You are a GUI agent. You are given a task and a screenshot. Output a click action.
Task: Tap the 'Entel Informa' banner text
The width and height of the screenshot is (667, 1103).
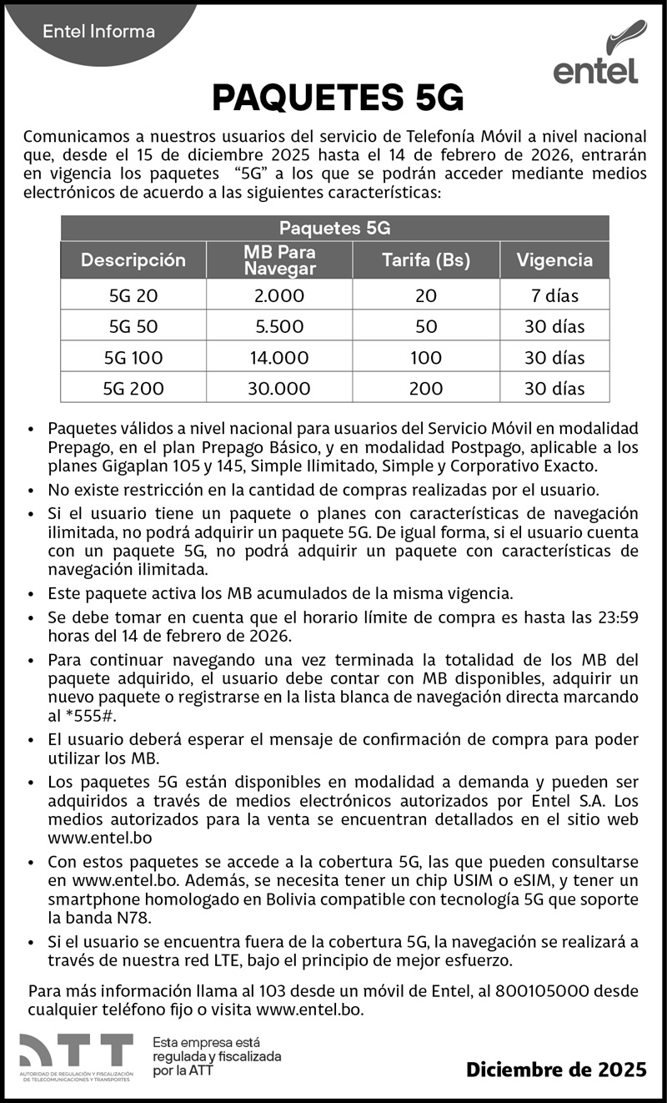click(x=98, y=32)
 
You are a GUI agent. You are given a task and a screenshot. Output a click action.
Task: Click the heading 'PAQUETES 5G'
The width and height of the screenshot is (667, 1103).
click(x=337, y=98)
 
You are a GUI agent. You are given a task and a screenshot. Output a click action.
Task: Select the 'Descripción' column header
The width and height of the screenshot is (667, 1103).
click(x=133, y=259)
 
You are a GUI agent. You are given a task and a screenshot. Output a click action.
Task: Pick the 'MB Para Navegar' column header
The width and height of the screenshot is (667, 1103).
click(x=279, y=259)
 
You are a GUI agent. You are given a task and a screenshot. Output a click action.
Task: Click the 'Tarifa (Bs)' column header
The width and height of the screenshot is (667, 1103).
click(x=426, y=259)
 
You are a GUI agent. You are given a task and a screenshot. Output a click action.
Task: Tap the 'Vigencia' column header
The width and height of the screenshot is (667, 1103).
click(x=554, y=259)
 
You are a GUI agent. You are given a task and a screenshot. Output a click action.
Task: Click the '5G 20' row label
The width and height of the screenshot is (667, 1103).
click(x=133, y=295)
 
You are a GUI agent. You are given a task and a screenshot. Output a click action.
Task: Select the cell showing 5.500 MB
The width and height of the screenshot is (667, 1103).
click(x=279, y=326)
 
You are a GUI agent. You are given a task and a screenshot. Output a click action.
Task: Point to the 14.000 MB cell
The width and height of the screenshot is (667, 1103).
click(x=279, y=357)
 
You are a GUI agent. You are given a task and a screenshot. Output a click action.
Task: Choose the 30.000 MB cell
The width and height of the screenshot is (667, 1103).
click(x=279, y=388)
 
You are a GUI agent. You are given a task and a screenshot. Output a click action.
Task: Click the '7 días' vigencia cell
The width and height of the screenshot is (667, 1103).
click(x=554, y=295)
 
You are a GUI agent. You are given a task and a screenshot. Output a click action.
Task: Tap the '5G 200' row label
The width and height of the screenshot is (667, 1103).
click(x=133, y=388)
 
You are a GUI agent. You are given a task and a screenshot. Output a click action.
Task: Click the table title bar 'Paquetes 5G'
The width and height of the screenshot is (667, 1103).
click(x=334, y=228)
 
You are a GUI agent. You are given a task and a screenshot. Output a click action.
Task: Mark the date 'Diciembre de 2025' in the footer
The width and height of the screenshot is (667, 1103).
click(x=556, y=1069)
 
